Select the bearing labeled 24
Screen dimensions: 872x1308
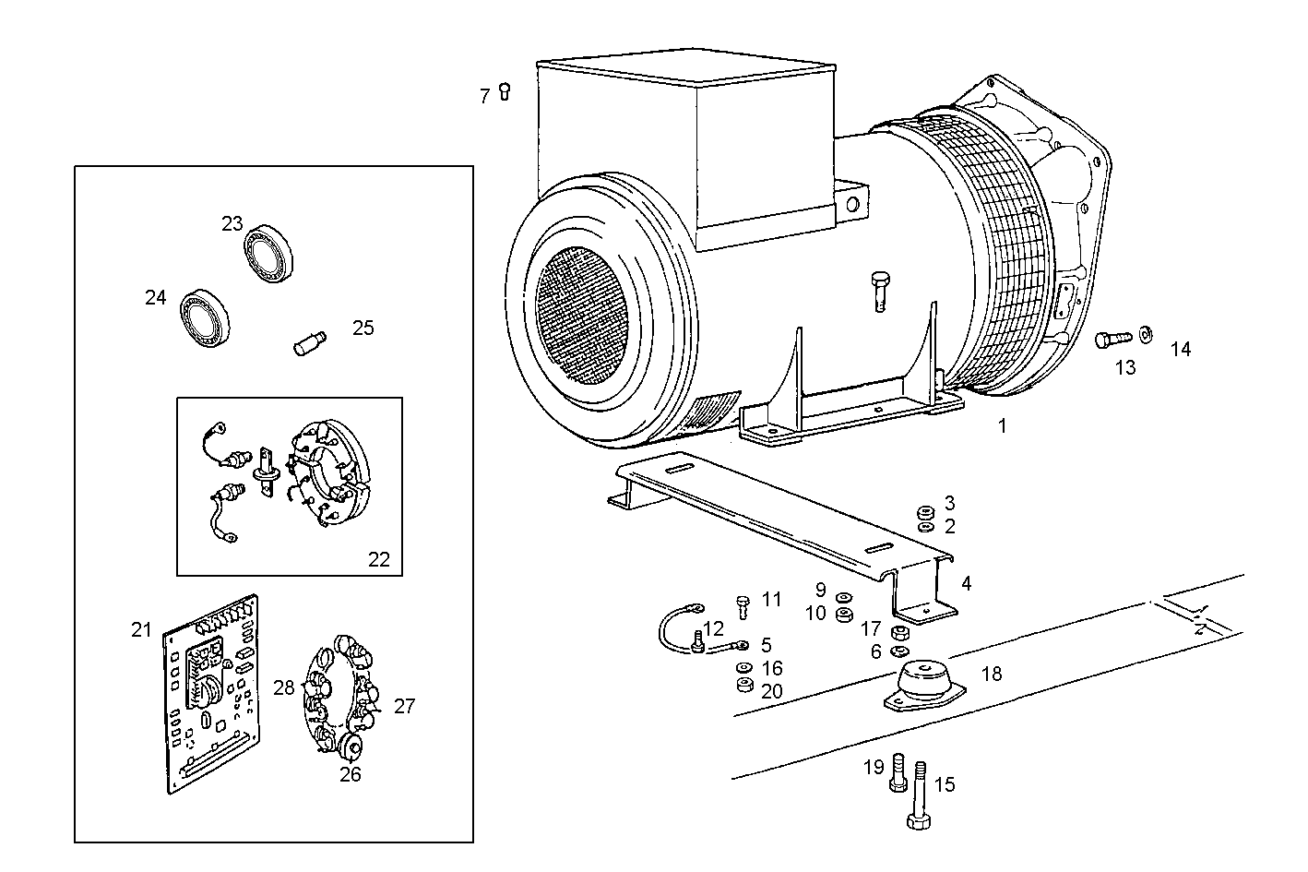pos(205,318)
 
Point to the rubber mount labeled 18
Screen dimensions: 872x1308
pos(922,686)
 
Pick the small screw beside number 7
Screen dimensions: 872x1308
pos(505,90)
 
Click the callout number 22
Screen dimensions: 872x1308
pos(379,559)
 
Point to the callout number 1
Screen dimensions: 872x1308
pos(1003,425)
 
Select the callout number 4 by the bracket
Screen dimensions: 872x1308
pos(966,583)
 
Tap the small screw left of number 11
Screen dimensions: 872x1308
pos(743,605)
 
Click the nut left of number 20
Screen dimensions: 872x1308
pos(743,686)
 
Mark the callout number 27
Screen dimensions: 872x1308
pos(405,707)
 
